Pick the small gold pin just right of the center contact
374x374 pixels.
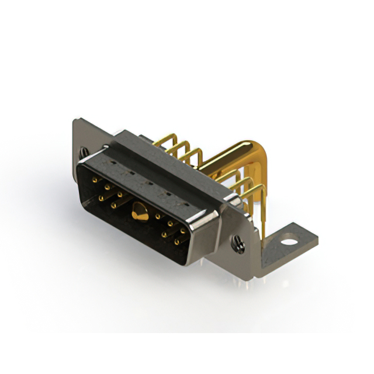coord(158,217)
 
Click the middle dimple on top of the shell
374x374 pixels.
coord(150,183)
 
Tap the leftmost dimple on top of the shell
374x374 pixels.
coord(115,166)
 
